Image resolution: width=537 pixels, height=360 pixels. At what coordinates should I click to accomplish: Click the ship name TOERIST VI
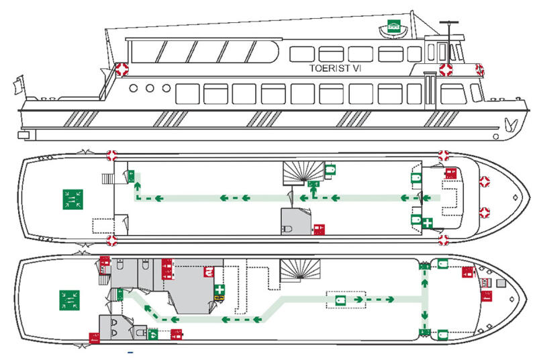pos(335,68)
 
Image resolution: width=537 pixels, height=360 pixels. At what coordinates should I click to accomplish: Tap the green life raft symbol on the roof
pos(394,26)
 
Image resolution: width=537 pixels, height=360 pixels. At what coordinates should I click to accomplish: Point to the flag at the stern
pos(19,84)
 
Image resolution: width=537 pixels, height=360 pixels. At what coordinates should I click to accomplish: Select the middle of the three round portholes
pos(150,89)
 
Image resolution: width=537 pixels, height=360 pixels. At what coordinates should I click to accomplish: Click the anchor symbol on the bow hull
pos(510,125)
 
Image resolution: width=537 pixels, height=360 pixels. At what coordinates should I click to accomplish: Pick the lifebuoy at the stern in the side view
pos(121,69)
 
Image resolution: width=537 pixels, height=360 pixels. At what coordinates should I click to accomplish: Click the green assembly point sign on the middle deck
pos(72,199)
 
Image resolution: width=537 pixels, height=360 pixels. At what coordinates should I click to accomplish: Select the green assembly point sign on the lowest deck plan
pos(70,300)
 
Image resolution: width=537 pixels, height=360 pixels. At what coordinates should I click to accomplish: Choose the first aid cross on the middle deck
pos(427,223)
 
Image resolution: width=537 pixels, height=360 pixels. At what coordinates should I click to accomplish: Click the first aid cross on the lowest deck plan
pos(219,289)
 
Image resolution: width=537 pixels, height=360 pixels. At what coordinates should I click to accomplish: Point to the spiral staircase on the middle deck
pos(303,173)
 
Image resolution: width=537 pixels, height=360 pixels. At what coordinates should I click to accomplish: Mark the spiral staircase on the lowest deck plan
pos(300,270)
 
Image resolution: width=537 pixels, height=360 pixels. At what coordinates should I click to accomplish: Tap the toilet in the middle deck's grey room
pos(287,229)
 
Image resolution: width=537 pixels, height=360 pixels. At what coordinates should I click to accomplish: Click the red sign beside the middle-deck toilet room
pos(320,230)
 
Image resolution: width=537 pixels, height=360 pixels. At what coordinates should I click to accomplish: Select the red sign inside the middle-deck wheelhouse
pos(450,173)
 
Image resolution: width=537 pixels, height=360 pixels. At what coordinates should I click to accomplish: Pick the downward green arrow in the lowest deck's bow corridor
pos(425,314)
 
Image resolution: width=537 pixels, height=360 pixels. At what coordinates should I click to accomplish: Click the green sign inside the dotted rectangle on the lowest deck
pos(340,300)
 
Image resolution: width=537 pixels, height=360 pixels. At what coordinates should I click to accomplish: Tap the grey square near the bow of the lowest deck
pos(501,283)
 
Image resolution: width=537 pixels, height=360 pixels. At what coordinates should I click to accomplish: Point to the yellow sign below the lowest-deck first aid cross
pos(219,298)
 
